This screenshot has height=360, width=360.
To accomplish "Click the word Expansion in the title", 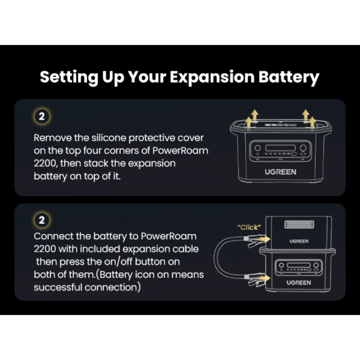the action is click(x=212, y=77).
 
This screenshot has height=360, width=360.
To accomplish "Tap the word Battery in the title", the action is click(x=289, y=77).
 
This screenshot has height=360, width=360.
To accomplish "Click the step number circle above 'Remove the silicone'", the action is click(x=42, y=116).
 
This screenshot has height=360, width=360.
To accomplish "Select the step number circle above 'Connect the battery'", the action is click(x=42, y=220).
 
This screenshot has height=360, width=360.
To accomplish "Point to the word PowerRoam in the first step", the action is click(x=180, y=151).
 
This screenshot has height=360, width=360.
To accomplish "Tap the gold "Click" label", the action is click(x=249, y=227).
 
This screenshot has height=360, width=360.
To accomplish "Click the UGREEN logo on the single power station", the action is click(x=280, y=172).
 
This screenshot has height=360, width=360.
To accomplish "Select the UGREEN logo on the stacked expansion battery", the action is click(x=299, y=241).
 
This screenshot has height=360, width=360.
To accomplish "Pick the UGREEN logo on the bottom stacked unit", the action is click(x=298, y=283).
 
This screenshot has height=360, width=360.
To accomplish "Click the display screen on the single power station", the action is click(x=280, y=148).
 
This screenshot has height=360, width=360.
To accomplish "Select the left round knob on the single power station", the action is click(x=258, y=148).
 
